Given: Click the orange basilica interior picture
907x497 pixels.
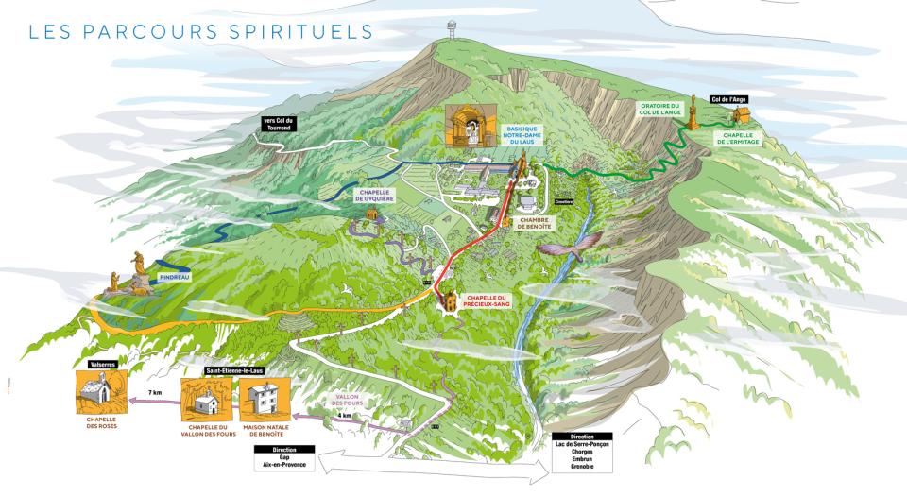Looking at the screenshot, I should (470, 127).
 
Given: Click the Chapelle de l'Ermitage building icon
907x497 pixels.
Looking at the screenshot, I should (742, 113).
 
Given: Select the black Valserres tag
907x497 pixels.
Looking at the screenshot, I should (101, 362).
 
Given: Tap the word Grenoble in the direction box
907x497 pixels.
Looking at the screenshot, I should (581, 467).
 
